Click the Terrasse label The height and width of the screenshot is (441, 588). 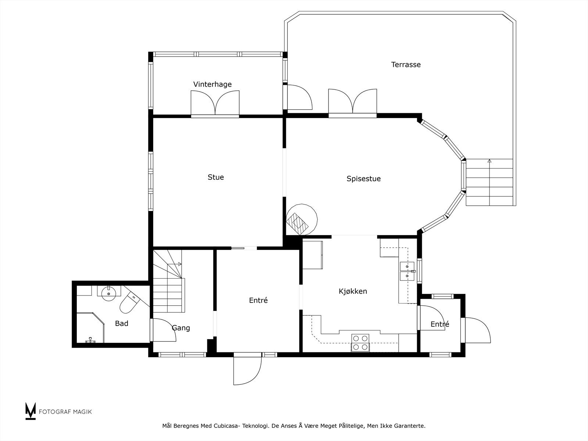[x=406, y=65]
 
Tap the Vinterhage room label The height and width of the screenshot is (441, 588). [x=212, y=84]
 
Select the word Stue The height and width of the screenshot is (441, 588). [x=216, y=177]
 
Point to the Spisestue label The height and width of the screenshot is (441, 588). [x=363, y=179]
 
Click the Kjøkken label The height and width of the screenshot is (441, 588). [x=353, y=291]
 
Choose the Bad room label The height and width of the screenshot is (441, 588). [x=122, y=323]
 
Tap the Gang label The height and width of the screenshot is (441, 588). [x=181, y=328]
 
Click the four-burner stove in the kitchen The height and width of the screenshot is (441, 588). [x=360, y=343]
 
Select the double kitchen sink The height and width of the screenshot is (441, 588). [x=407, y=271]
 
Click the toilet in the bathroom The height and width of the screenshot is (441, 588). [x=129, y=302]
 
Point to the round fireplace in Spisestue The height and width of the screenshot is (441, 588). [x=302, y=220]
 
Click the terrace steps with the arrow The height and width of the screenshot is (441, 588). [x=489, y=182]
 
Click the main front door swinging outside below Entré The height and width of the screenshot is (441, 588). [x=247, y=369]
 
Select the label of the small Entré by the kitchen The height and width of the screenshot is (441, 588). [x=440, y=324]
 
